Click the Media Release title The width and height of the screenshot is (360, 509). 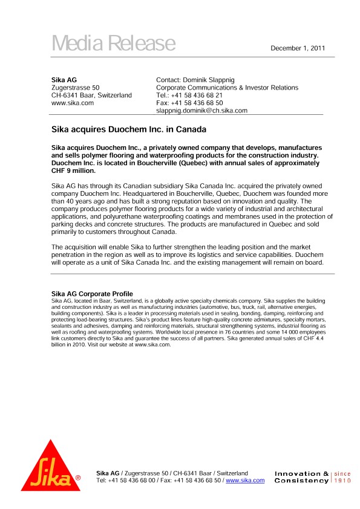(x=113, y=44)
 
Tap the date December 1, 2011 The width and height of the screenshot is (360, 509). (x=298, y=48)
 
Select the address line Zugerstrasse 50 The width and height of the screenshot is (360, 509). (x=75, y=88)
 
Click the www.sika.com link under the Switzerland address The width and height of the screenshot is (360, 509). (x=73, y=103)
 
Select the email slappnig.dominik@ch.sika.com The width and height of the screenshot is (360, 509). (x=201, y=111)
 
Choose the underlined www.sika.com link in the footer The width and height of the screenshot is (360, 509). (x=245, y=481)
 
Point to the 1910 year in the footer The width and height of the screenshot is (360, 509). (x=343, y=481)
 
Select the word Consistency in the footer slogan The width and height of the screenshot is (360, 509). (x=301, y=481)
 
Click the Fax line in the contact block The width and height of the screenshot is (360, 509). (x=189, y=103)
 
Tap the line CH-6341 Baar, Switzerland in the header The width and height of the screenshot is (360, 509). (x=91, y=96)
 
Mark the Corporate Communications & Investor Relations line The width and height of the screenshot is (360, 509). (x=227, y=88)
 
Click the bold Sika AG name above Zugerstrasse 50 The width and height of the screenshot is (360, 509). (x=64, y=80)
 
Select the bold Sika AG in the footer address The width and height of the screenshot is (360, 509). (x=108, y=473)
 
